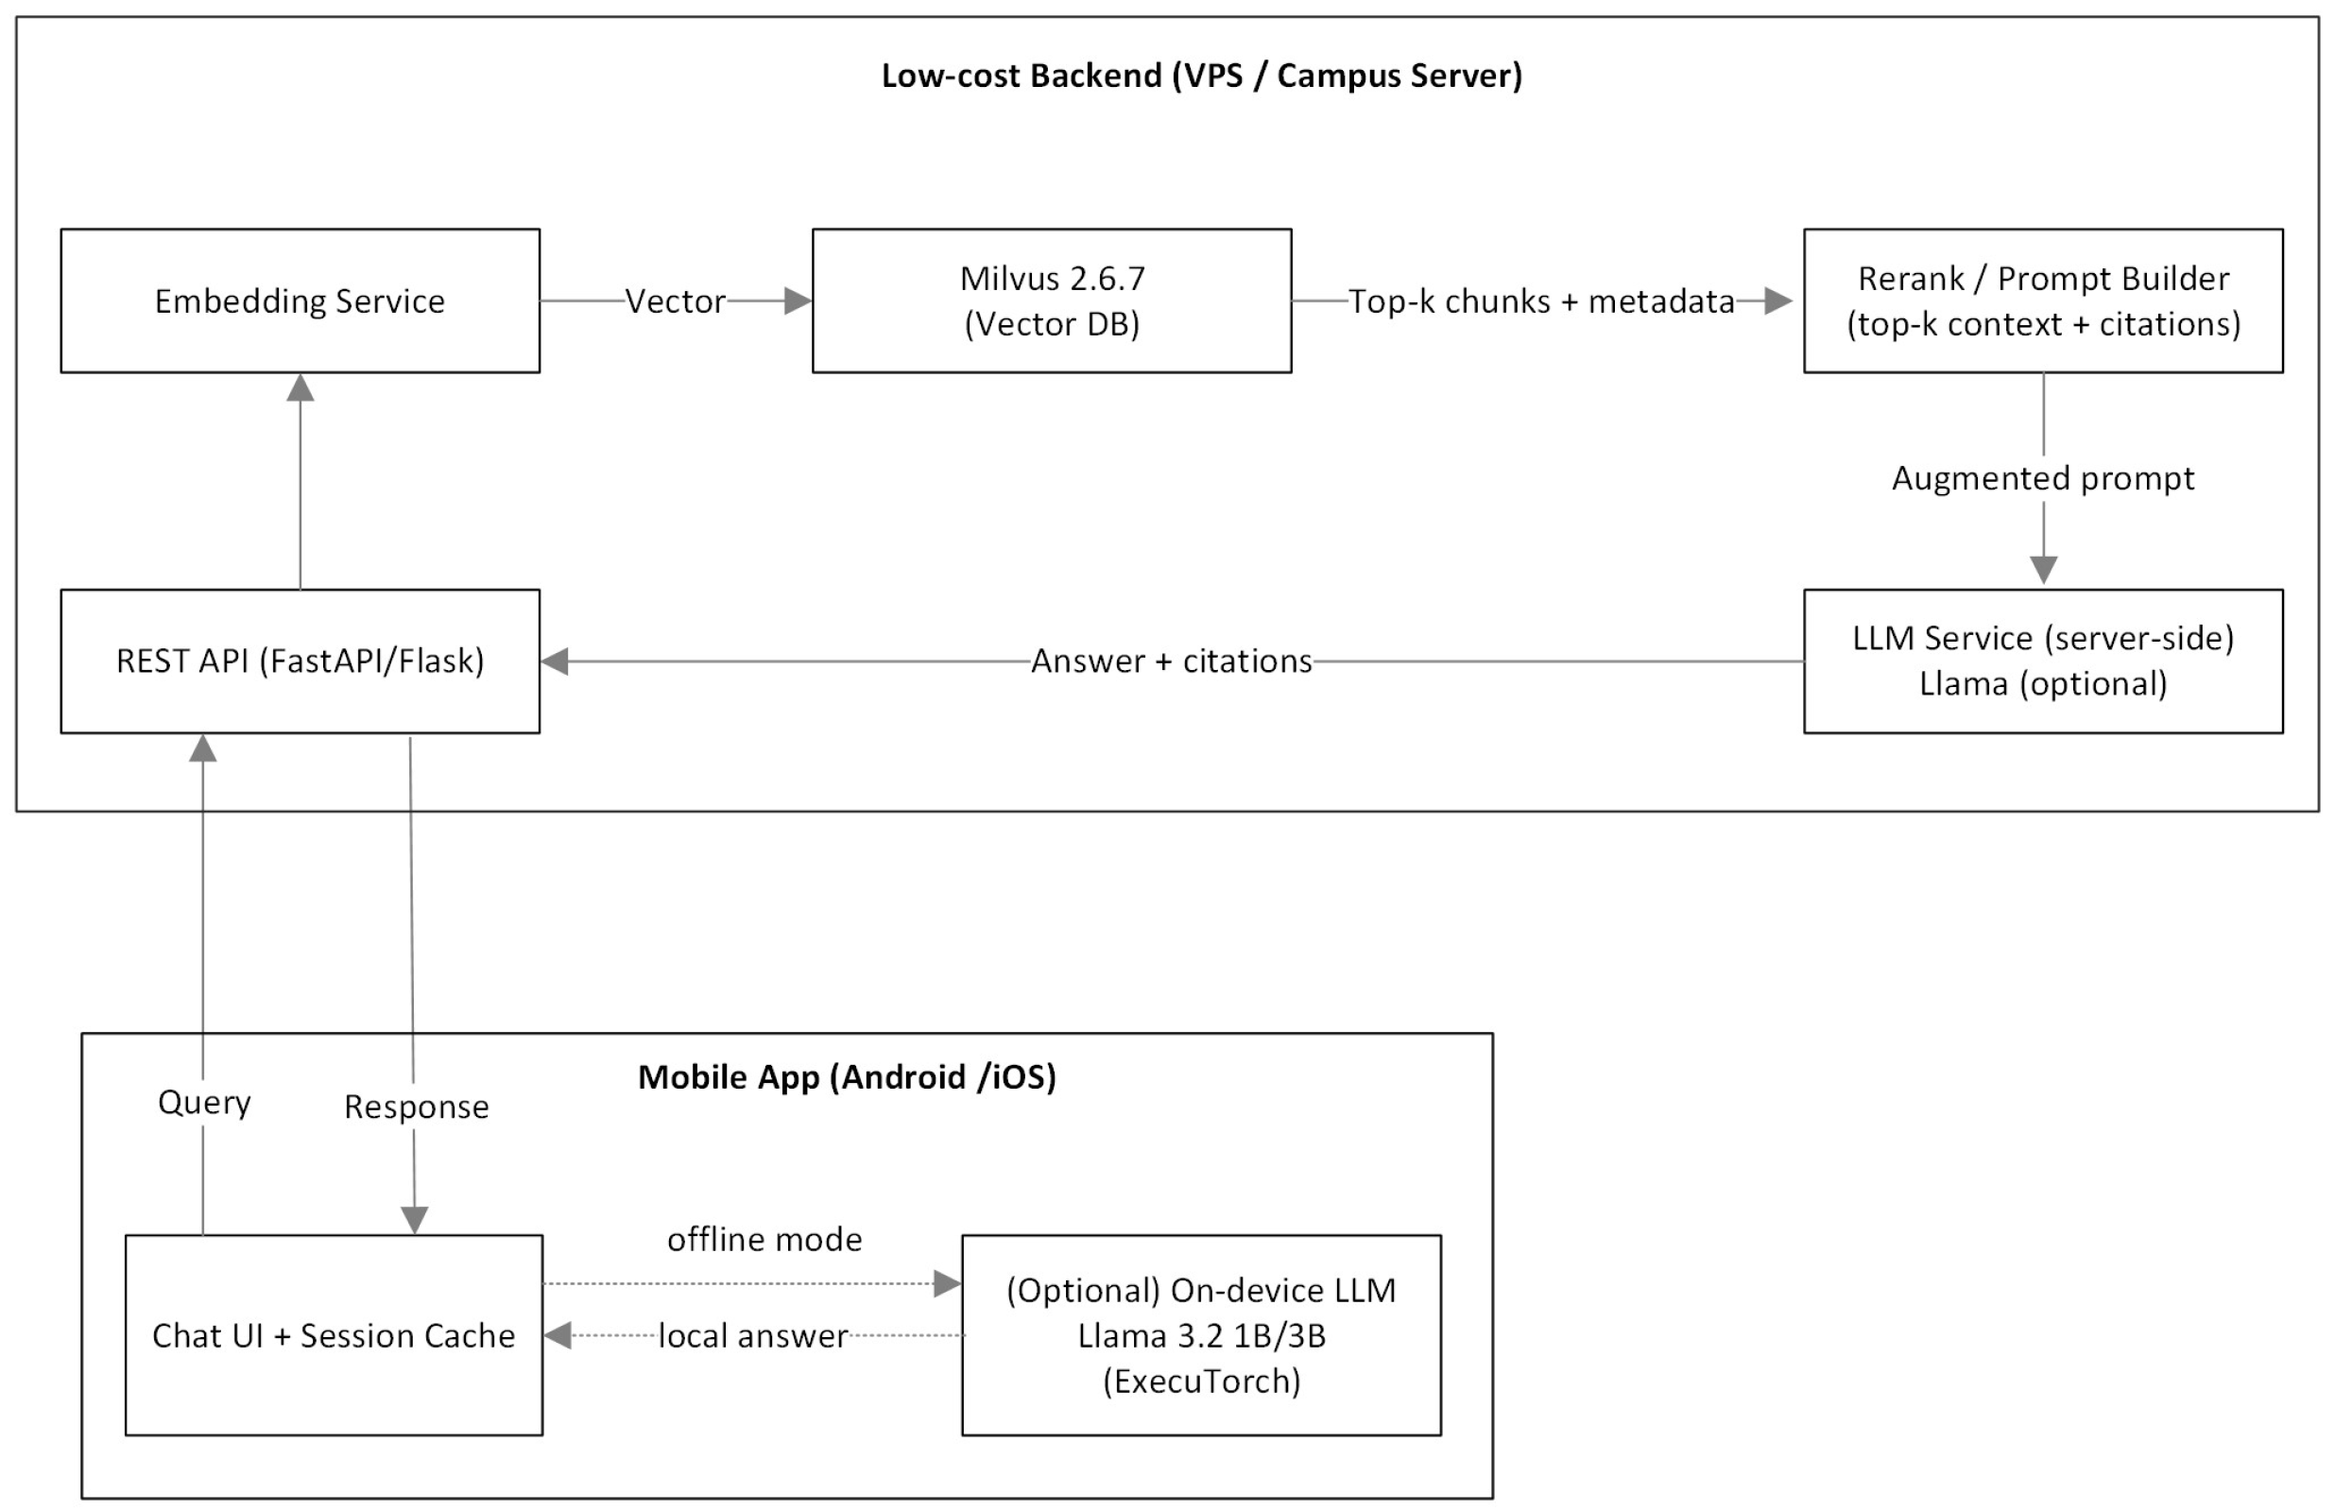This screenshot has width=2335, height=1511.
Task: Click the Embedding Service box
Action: click(x=300, y=300)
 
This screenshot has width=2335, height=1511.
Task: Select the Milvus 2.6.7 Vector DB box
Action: click(x=1051, y=300)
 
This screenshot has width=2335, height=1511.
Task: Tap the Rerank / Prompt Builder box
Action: click(x=2043, y=300)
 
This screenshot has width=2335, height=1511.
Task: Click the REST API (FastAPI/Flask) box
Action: click(x=300, y=661)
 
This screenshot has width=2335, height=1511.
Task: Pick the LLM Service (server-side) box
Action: click(x=2043, y=661)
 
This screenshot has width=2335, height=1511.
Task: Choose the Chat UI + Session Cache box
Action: click(x=334, y=1334)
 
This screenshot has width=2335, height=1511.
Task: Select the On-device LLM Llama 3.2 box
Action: click(x=1201, y=1334)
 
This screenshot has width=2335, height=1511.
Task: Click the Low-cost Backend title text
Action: click(x=1201, y=76)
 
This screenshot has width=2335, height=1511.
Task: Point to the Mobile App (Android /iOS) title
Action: click(x=847, y=1076)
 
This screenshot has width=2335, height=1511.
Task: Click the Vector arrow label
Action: click(x=675, y=301)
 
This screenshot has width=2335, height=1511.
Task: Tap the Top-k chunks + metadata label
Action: click(x=1541, y=301)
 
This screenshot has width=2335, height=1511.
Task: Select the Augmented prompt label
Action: click(x=2043, y=478)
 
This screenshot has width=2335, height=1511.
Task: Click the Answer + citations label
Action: click(x=1172, y=661)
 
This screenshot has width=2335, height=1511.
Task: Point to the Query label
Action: click(x=204, y=1102)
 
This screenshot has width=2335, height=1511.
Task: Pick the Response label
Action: click(x=416, y=1107)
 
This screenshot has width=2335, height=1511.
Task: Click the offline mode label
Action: click(x=764, y=1239)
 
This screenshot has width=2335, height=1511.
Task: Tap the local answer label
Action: click(x=752, y=1335)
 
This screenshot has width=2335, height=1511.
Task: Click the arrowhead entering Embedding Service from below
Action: click(x=300, y=387)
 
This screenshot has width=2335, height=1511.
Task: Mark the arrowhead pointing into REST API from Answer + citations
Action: click(x=556, y=661)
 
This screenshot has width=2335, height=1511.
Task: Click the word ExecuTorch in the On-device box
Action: click(x=1201, y=1381)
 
